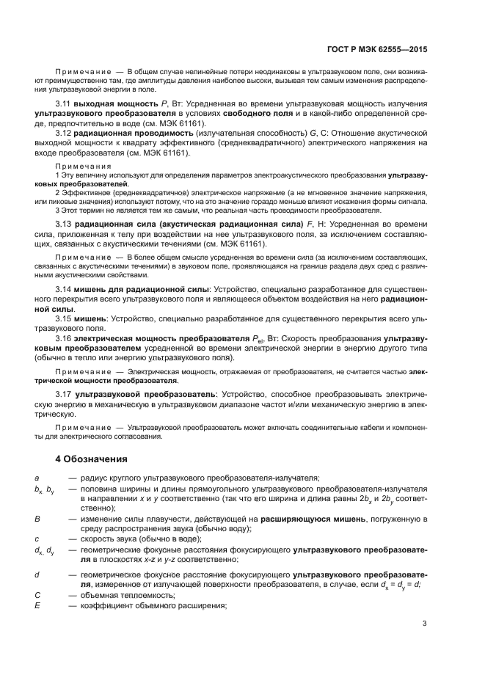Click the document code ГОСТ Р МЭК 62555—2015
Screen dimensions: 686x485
[376, 49]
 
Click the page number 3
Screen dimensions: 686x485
[425, 624]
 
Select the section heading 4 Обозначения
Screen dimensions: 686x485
[92, 459]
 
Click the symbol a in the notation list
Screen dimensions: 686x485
[37, 478]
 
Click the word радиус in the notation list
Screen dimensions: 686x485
[95, 478]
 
